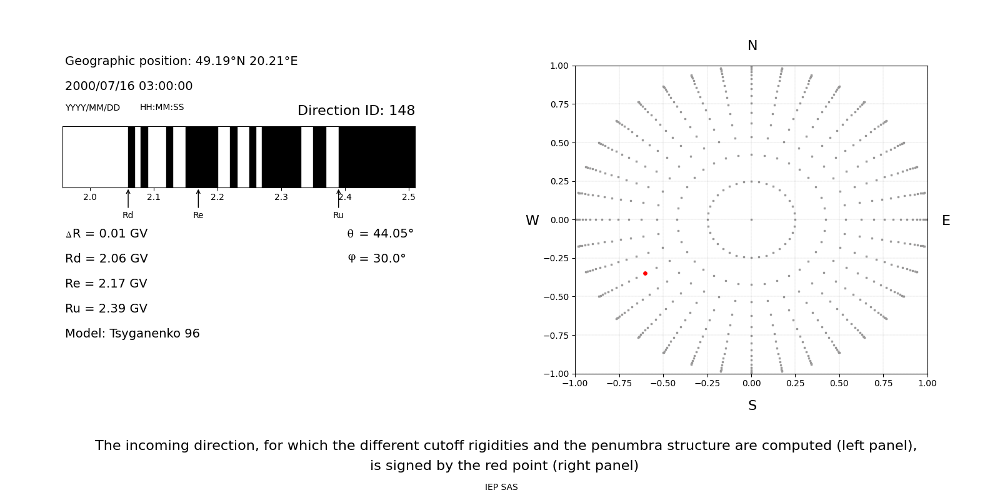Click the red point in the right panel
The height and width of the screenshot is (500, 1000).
point(645,273)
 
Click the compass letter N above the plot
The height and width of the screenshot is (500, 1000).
point(752,46)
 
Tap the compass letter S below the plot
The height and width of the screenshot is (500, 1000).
point(752,406)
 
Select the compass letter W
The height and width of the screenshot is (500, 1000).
point(532,221)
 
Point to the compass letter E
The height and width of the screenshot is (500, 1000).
point(946,221)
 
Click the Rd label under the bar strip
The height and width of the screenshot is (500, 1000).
point(128,216)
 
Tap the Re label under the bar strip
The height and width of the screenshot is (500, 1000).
point(198,216)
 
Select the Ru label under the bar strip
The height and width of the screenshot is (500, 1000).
point(338,216)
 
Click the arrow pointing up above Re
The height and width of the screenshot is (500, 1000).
point(198,198)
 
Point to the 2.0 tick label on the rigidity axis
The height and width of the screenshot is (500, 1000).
point(90,197)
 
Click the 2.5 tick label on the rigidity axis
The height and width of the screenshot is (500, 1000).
point(408,197)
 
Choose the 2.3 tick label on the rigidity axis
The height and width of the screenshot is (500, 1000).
point(281,197)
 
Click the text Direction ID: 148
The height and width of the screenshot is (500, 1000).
point(356,111)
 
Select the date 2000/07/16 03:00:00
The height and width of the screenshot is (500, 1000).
point(129,86)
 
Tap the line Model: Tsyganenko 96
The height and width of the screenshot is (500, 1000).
point(132,334)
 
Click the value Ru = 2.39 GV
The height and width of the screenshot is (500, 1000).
point(106,309)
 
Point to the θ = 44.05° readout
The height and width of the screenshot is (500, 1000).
point(380,234)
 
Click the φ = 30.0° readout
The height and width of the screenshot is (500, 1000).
point(376,259)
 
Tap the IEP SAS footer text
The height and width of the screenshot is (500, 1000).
point(501,487)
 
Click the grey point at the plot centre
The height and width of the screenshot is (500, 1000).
point(751,219)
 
